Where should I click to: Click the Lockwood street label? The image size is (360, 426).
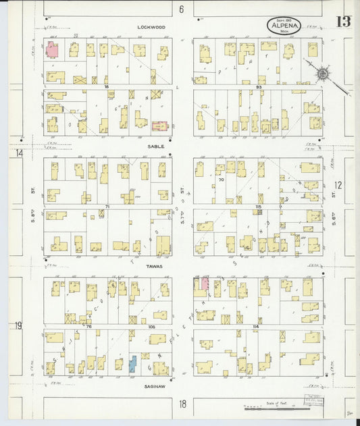151,27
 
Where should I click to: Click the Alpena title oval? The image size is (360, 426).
284,26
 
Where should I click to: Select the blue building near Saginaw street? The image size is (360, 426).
133,364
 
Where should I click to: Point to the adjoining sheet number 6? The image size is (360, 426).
182,9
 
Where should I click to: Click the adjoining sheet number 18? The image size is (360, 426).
182,404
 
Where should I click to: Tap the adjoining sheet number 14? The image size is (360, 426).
19,153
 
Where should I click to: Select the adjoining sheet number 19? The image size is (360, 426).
18,325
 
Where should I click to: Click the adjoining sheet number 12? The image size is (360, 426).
338,184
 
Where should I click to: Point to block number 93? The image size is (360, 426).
259,86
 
